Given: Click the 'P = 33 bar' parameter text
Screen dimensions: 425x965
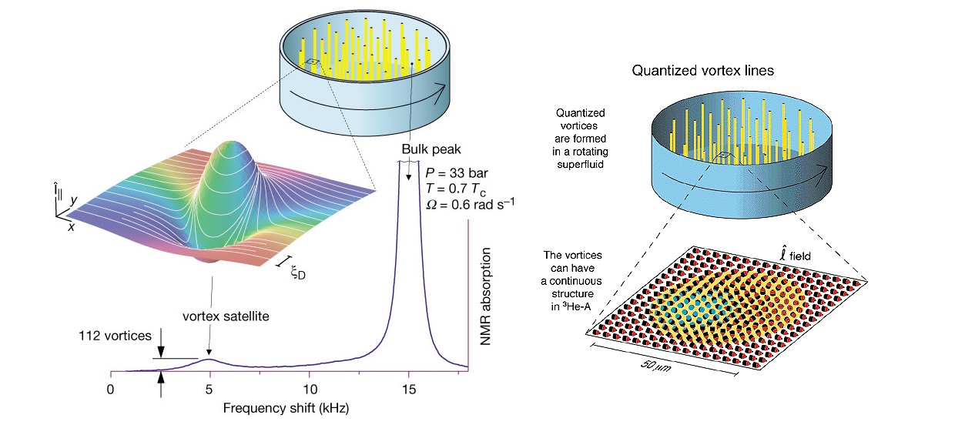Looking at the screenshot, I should pos(456,171).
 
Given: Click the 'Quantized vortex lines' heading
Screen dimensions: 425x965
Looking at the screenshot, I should pos(702,71).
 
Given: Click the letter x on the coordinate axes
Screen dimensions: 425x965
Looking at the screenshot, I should pos(71,228).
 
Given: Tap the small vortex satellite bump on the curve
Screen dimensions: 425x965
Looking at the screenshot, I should pos(210,360).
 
